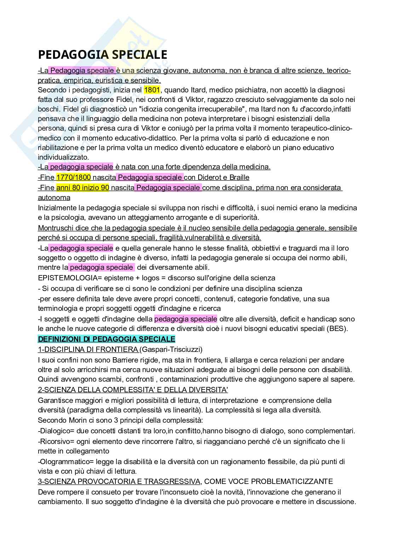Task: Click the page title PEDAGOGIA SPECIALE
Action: tap(102, 55)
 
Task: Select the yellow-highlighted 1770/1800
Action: tap(74, 177)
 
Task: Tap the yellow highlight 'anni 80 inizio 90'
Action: tap(82, 188)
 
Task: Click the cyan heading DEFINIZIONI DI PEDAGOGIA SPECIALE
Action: tap(107, 339)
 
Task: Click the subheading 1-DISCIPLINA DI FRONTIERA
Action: tap(88, 350)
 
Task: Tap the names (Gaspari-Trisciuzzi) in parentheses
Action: tap(171, 350)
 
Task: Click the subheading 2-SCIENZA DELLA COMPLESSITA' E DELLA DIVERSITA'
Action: tap(133, 390)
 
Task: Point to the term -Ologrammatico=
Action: tap(62, 462)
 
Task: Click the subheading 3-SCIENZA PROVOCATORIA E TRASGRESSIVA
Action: tap(119, 481)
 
